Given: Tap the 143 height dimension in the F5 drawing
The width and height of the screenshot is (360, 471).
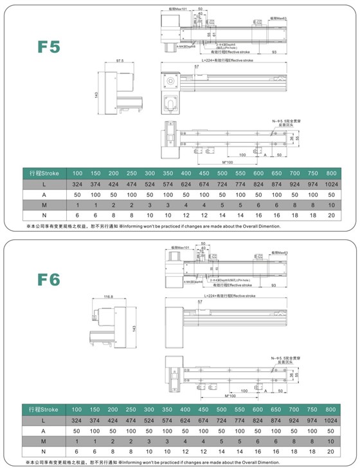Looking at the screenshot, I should (x=95, y=95).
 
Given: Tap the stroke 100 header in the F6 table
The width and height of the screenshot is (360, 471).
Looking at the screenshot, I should (x=77, y=409).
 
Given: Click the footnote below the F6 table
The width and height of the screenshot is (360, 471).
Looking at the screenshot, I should (x=154, y=463).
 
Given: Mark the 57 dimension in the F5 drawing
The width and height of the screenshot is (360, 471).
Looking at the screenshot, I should (x=196, y=66).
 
